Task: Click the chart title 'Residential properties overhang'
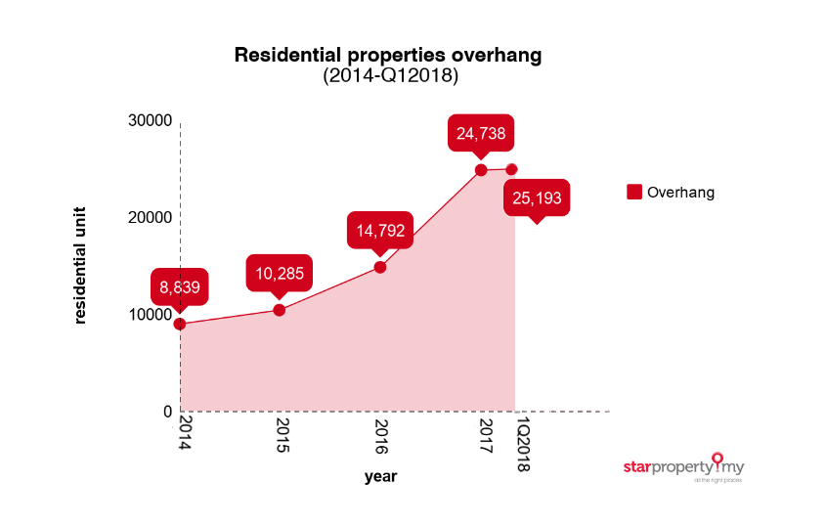(387, 55)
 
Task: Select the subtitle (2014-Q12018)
(390, 75)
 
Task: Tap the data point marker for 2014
(180, 324)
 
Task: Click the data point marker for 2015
(279, 310)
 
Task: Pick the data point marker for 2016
(380, 267)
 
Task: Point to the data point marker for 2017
(481, 170)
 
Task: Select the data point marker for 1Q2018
(511, 169)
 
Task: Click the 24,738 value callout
(481, 133)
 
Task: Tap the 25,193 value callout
(536, 199)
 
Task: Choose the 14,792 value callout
(380, 232)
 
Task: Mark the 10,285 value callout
(279, 275)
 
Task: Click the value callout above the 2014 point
(180, 287)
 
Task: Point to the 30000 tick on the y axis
(151, 120)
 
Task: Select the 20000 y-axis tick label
(151, 217)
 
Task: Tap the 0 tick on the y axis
(167, 412)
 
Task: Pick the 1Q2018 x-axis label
(522, 445)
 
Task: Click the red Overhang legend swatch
(634, 192)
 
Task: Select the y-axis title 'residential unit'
(80, 264)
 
